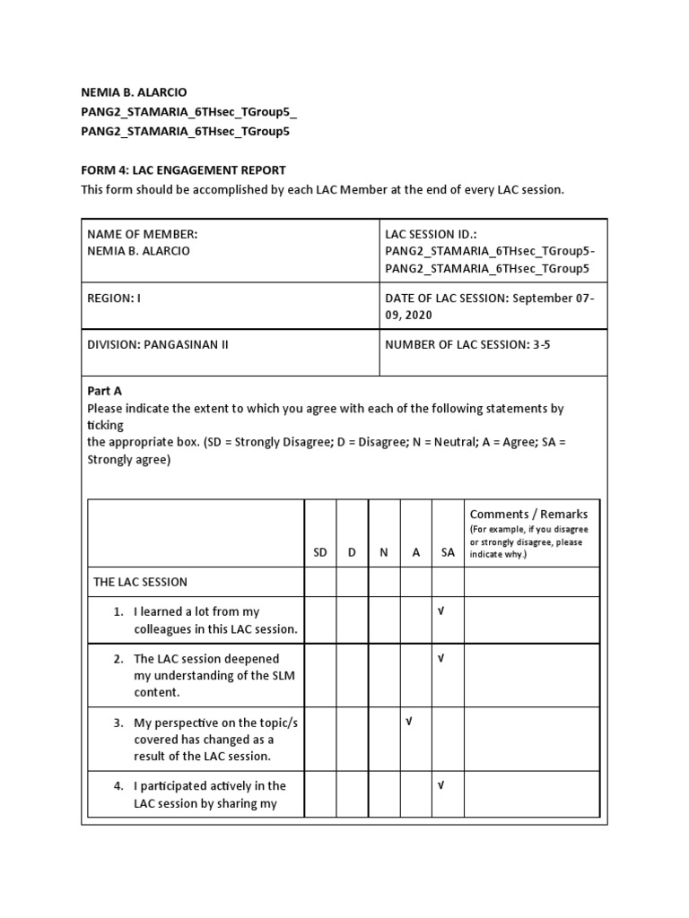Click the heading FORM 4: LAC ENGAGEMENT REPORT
183,169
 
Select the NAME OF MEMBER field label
142,234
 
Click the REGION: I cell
115,298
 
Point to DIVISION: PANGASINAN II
158,344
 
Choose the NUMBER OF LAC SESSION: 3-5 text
467,344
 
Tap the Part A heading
104,391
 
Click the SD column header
320,553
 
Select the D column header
353,553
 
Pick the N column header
384,553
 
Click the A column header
415,553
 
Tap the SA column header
448,553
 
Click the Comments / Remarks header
529,514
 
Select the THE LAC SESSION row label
141,582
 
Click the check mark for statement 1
440,611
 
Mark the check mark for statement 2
440,658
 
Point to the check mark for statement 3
409,723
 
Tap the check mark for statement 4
440,786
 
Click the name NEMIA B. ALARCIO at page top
135,92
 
